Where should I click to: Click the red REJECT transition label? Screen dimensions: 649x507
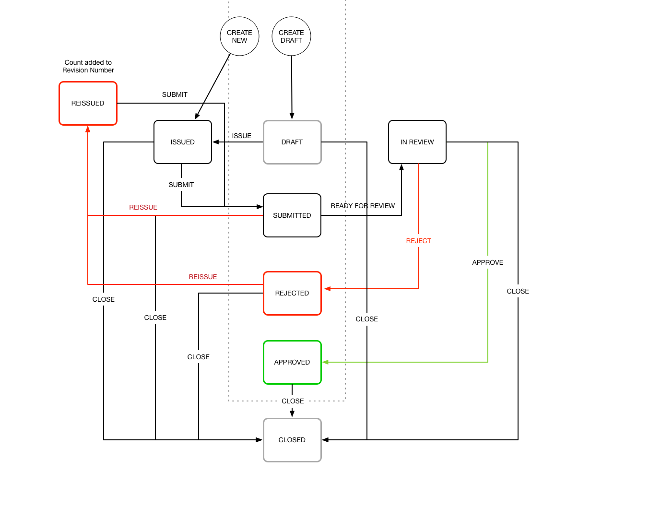(x=418, y=241)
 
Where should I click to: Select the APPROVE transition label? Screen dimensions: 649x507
(x=487, y=262)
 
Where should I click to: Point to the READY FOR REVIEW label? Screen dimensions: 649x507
(x=363, y=206)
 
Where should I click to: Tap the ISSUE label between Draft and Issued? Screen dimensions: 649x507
(x=242, y=136)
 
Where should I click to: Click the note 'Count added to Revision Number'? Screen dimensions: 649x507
(x=88, y=66)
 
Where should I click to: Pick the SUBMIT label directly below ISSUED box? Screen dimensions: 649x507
(x=181, y=185)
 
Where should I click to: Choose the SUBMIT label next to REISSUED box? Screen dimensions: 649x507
(x=175, y=94)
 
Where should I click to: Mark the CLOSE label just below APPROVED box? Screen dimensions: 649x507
(x=293, y=401)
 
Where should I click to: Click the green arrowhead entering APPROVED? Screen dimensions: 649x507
(x=326, y=362)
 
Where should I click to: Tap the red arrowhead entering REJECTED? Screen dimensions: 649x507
(x=327, y=289)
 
